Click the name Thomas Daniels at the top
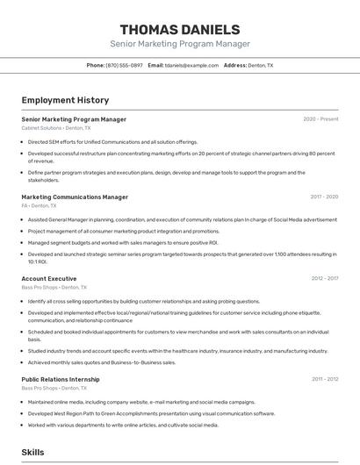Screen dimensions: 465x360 click(179, 30)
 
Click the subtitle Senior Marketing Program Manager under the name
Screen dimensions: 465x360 click(179, 44)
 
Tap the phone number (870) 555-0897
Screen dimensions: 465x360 click(124, 65)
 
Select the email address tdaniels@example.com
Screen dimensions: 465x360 click(191, 65)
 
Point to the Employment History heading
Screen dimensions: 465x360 click(65, 100)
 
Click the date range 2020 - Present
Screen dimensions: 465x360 click(320, 119)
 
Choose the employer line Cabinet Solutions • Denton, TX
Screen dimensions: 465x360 click(54, 128)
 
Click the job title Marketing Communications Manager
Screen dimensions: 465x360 click(75, 197)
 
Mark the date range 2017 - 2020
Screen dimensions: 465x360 click(324, 197)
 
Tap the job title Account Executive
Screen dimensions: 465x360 click(49, 278)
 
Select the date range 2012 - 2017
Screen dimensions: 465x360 click(324, 278)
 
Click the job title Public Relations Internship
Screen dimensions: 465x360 click(61, 379)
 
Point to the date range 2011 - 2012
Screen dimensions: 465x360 click(324, 379)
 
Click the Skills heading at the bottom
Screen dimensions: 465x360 click(33, 452)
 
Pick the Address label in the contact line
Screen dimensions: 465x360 click(235, 65)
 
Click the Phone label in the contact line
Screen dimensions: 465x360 click(96, 65)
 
